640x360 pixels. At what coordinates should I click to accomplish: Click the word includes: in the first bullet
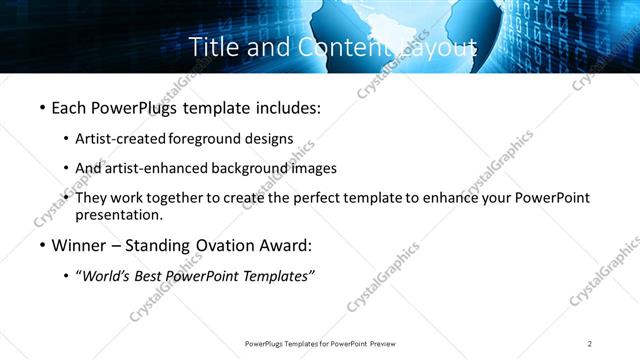pyautogui.click(x=284, y=107)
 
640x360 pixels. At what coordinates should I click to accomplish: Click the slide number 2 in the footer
pyautogui.click(x=590, y=344)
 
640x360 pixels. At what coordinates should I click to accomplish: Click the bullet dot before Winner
pyautogui.click(x=42, y=246)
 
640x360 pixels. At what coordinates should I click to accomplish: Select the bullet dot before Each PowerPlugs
pyautogui.click(x=42, y=107)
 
